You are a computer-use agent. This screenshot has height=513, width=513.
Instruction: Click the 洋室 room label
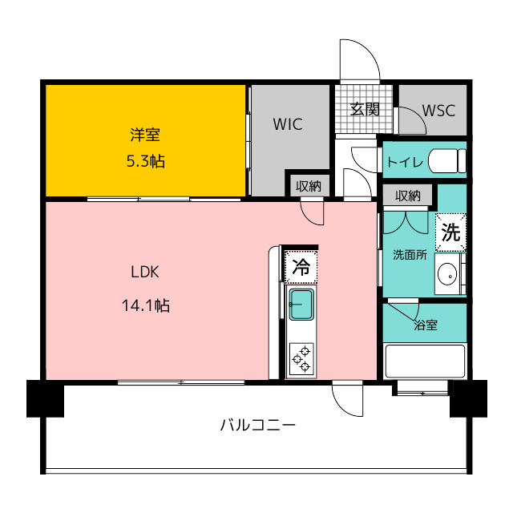click(x=145, y=135)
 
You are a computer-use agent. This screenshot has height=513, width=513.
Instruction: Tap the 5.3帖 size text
click(x=146, y=161)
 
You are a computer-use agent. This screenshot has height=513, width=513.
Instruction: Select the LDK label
click(x=145, y=272)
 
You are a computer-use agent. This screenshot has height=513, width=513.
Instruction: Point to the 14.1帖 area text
click(x=146, y=305)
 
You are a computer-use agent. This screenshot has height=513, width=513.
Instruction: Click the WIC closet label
click(x=288, y=124)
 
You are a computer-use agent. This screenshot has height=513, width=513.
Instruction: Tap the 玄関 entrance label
click(x=365, y=109)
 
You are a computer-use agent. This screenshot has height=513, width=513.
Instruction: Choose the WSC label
click(x=438, y=111)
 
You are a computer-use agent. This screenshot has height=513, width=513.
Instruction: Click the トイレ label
click(x=405, y=162)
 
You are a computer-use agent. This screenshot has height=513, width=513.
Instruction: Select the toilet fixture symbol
click(x=447, y=160)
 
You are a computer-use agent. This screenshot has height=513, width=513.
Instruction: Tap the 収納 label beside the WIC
click(x=308, y=186)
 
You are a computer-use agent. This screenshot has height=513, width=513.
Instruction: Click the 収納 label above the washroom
click(x=407, y=196)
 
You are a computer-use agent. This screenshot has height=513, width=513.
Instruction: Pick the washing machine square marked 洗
click(x=450, y=232)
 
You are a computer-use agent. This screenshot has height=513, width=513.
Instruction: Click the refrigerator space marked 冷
click(x=301, y=267)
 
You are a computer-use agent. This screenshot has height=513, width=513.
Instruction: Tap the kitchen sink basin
click(x=301, y=305)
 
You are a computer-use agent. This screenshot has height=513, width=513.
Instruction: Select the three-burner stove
click(x=301, y=359)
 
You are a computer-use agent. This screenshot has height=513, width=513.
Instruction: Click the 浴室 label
click(x=426, y=325)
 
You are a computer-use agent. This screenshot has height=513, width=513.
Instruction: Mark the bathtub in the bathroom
click(x=425, y=362)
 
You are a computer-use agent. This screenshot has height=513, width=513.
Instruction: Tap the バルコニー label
click(x=257, y=426)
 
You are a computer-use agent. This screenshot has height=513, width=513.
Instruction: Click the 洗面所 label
click(x=410, y=255)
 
